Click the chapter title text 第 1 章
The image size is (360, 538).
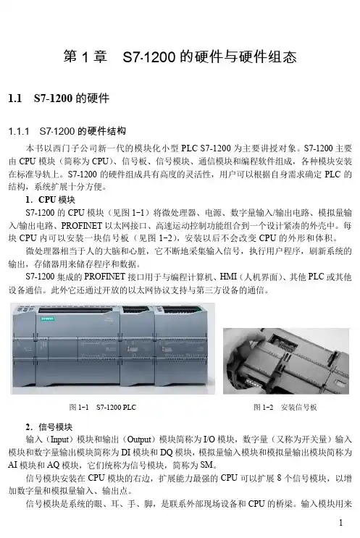(85, 56)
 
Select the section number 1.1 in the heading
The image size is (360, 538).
(15, 98)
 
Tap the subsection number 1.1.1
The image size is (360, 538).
(19, 131)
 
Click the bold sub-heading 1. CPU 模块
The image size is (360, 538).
(50, 200)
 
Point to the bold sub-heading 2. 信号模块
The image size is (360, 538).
(49, 427)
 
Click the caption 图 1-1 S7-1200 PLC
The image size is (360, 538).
(103, 407)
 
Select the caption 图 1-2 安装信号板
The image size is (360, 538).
(285, 407)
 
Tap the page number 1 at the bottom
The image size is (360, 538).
(340, 523)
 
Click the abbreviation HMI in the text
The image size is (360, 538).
(228, 277)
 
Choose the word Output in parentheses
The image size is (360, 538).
(139, 440)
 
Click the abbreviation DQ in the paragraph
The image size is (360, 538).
(166, 453)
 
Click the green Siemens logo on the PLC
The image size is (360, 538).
(47, 319)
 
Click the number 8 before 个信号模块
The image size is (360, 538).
(279, 478)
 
